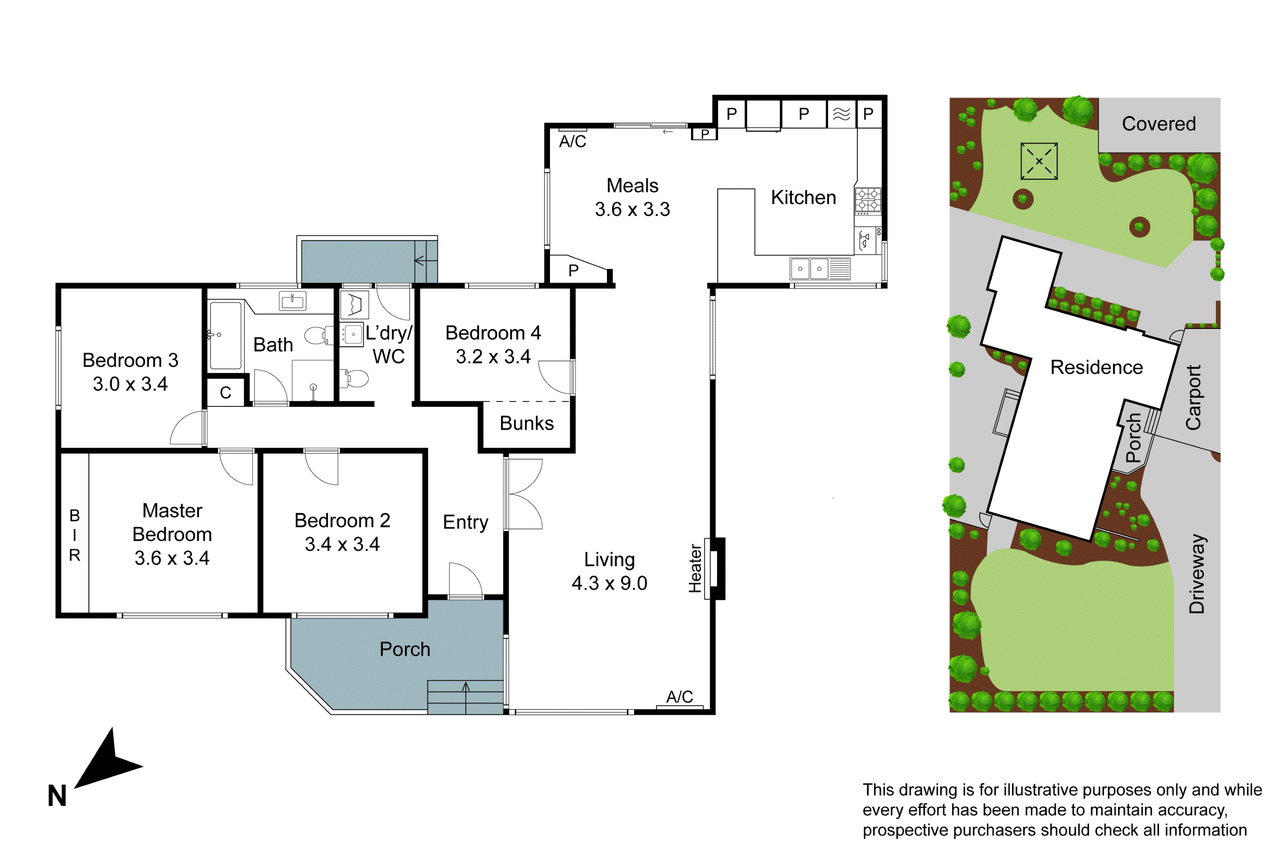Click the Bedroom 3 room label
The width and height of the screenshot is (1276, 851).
(130, 360)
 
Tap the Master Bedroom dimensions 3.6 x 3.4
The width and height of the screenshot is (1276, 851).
(172, 558)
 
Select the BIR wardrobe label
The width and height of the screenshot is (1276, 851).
(74, 535)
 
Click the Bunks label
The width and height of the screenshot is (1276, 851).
(526, 423)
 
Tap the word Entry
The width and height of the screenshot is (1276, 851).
(465, 522)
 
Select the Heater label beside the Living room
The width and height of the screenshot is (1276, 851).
(695, 568)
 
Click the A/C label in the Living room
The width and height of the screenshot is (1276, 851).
(679, 697)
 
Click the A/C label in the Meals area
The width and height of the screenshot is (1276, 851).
(572, 142)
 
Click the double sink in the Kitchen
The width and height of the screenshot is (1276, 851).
(810, 268)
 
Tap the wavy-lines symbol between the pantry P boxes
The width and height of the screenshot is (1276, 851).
(841, 114)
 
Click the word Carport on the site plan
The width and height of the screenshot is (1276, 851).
(1193, 397)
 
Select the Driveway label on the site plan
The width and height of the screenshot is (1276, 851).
(1197, 574)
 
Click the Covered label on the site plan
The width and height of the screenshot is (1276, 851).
(1159, 124)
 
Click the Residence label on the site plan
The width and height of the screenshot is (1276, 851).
(1097, 368)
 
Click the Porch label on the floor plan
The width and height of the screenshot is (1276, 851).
(405, 649)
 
